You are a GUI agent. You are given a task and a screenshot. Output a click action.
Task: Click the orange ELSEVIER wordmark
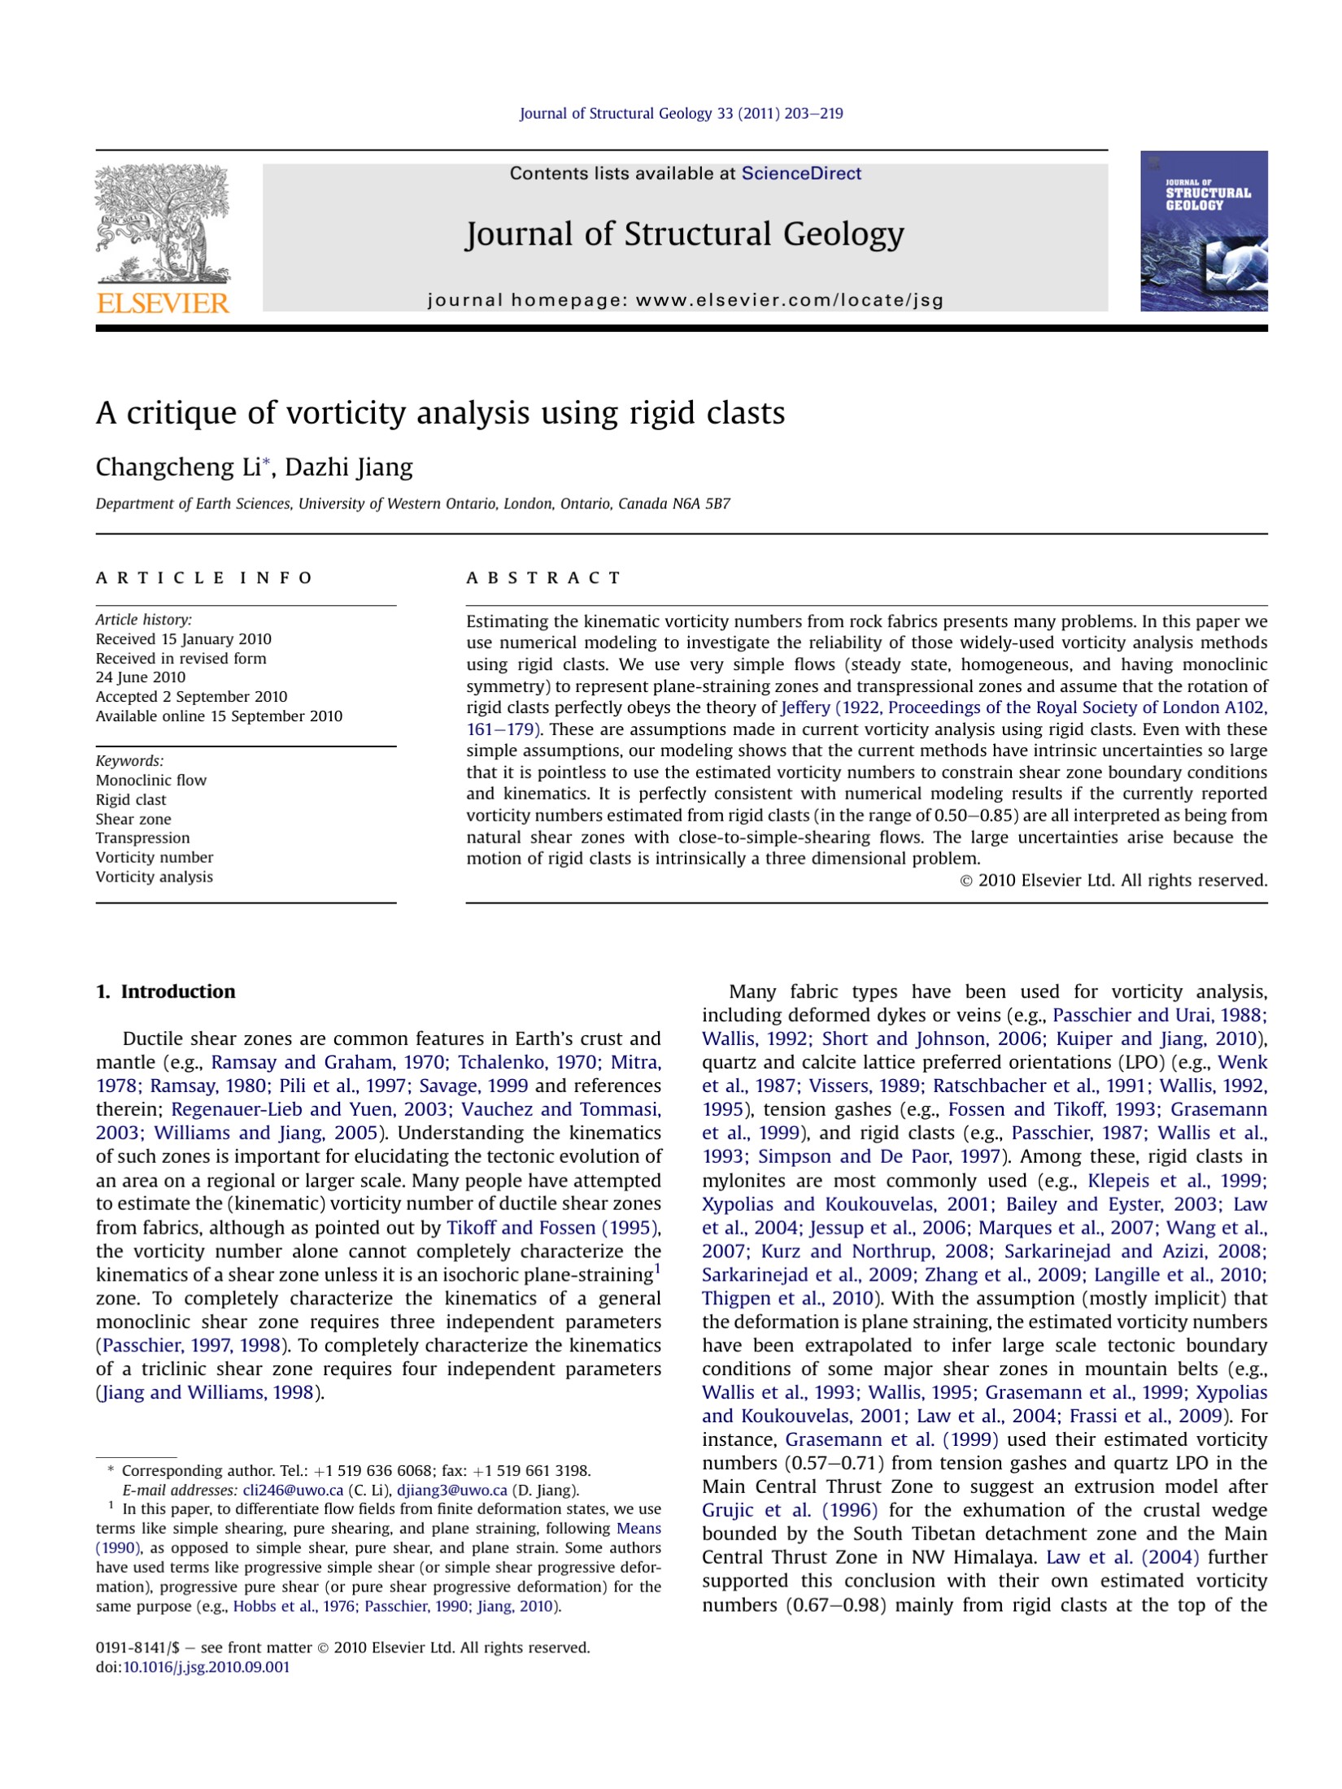pyautogui.click(x=163, y=303)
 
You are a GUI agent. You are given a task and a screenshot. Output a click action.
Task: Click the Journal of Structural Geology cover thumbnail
pyautogui.click(x=1203, y=231)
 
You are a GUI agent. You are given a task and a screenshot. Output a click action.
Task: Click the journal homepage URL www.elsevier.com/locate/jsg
pyautogui.click(x=789, y=300)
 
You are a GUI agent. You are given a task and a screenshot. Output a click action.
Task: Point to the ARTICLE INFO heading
pyautogui.click(x=204, y=578)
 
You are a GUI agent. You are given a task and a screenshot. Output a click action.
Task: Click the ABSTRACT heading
pyautogui.click(x=543, y=578)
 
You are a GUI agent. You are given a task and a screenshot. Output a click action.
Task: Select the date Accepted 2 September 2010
pyautogui.click(x=191, y=697)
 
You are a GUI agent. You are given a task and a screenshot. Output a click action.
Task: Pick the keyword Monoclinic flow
pyautogui.click(x=151, y=781)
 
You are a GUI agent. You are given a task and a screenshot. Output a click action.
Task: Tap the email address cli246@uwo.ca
pyautogui.click(x=293, y=1491)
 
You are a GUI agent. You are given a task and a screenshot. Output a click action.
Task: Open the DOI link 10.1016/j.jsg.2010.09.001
pyautogui.click(x=206, y=1667)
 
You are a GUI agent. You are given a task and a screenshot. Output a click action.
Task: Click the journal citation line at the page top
pyautogui.click(x=681, y=114)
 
